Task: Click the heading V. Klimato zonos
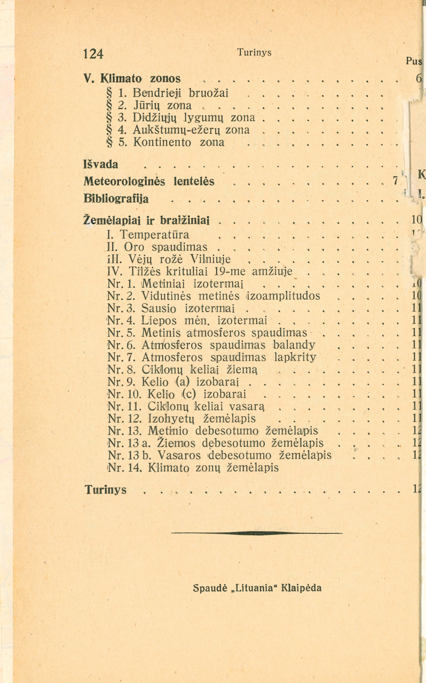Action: point(132,79)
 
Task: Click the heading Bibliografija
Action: point(116,199)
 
